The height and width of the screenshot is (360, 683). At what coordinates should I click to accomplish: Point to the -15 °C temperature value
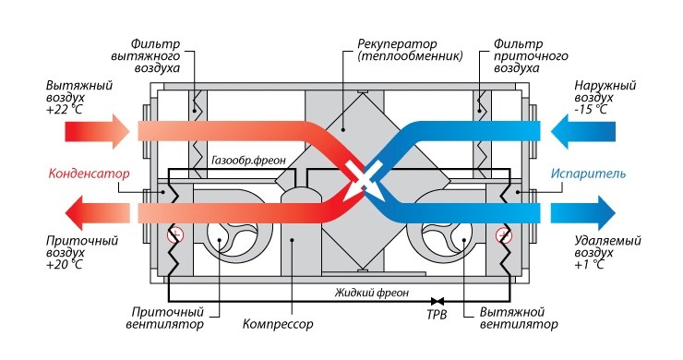coord(579,109)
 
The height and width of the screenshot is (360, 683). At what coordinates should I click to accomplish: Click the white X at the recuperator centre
coord(360,174)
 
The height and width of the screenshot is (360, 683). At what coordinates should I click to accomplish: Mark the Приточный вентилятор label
coord(185,318)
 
